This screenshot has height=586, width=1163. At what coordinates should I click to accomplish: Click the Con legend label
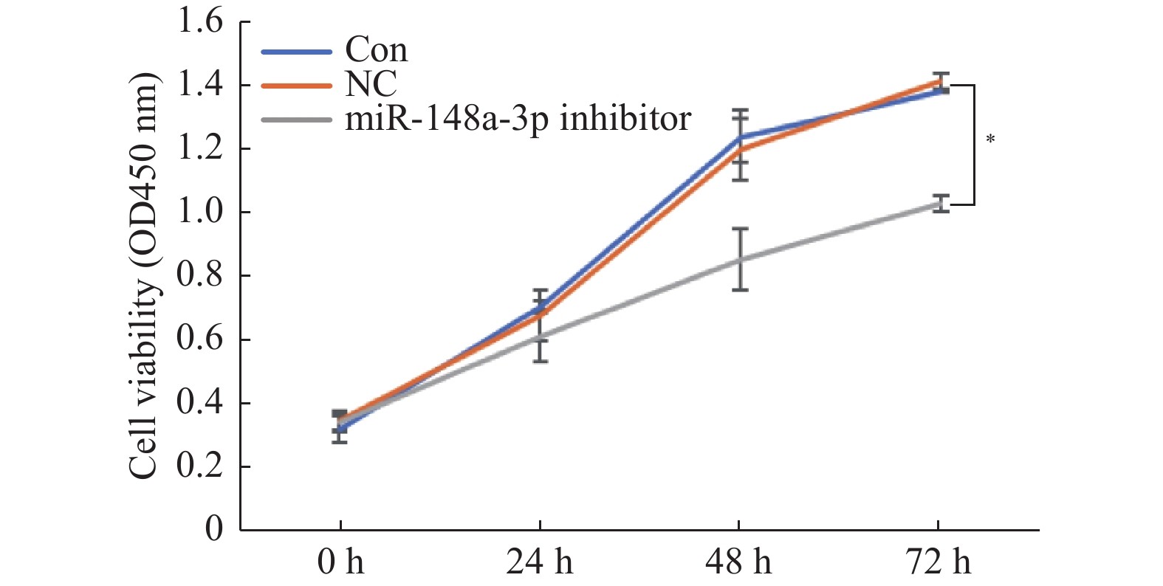(x=376, y=50)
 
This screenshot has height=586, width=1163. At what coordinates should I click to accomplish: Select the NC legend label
(x=371, y=84)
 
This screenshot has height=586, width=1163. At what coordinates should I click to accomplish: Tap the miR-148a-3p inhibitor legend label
(x=518, y=118)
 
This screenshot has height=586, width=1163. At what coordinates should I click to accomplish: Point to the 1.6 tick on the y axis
(x=199, y=21)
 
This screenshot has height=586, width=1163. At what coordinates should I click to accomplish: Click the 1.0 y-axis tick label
(x=199, y=213)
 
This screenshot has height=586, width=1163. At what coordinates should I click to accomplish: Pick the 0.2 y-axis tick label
(x=199, y=466)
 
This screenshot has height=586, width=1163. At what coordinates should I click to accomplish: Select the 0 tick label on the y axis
(x=213, y=530)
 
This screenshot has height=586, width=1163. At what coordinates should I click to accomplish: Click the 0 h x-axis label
(x=340, y=563)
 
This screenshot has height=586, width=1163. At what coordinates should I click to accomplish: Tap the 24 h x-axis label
(x=539, y=563)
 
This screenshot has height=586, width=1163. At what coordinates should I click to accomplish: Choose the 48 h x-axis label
(x=738, y=563)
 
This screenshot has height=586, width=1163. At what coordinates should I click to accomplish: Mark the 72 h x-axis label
(x=938, y=563)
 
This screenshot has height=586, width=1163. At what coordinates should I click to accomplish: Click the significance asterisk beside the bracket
(x=990, y=139)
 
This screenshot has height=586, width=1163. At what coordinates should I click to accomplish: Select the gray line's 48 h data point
(x=740, y=260)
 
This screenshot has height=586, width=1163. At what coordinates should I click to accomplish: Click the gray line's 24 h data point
(x=541, y=337)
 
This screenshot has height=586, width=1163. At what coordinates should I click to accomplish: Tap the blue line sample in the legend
(x=296, y=52)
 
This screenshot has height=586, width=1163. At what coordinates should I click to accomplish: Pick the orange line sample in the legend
(x=296, y=85)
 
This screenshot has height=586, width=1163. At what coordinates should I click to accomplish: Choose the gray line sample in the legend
(x=296, y=118)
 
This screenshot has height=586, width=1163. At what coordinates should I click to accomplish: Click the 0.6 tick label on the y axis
(x=199, y=339)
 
